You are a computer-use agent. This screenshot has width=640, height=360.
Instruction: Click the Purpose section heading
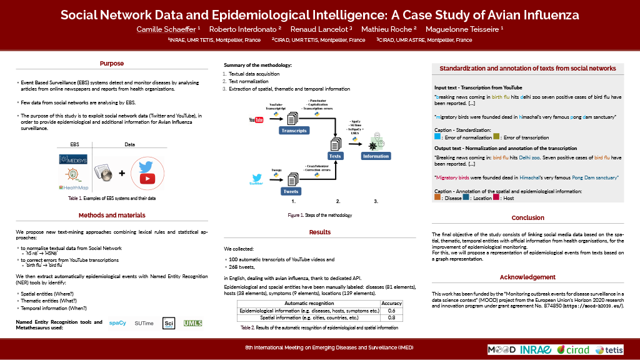point(112,63)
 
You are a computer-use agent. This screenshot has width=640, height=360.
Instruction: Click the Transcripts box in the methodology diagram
point(294,131)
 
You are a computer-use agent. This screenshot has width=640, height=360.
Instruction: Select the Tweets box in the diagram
point(291,191)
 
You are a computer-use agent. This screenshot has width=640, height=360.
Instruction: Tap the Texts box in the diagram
point(335,156)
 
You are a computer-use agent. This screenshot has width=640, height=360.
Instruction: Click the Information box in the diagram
point(376,156)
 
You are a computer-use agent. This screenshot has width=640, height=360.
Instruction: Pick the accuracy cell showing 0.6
point(391,311)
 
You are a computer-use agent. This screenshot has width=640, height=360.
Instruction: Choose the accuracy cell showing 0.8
point(391,318)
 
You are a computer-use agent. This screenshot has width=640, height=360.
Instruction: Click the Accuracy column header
point(391,303)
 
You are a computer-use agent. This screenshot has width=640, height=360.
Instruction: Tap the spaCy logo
point(117,323)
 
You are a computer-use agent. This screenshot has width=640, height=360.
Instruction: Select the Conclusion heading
point(527,218)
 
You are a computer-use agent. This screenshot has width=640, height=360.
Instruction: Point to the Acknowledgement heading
point(527,277)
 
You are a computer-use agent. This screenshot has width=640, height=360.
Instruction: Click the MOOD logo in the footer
point(501,349)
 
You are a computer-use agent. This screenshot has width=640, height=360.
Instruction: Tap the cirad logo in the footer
point(572,349)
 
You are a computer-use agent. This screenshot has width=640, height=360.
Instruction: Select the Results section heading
point(320,232)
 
